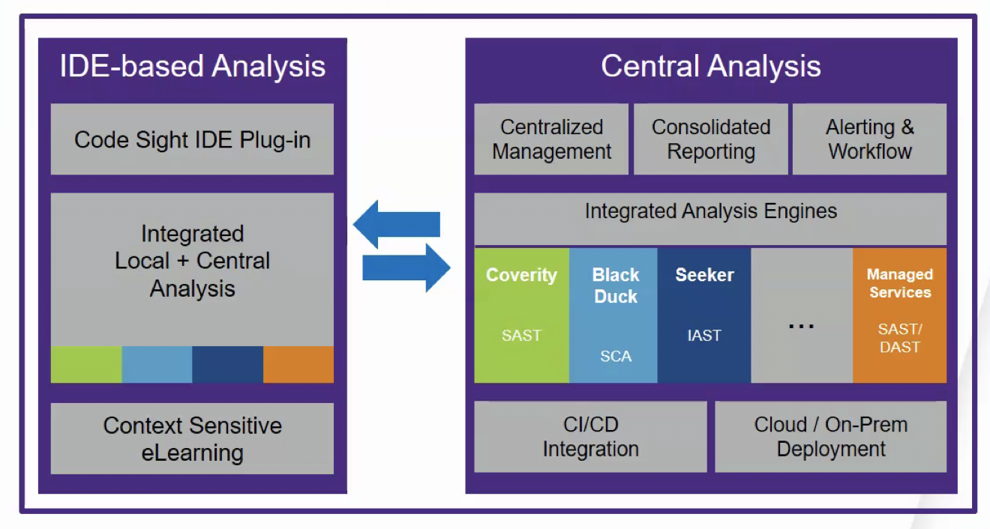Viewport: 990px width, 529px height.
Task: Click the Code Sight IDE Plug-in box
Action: (192, 139)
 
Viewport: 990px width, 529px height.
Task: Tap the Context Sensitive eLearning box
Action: (192, 439)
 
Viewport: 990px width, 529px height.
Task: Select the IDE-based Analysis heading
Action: (193, 67)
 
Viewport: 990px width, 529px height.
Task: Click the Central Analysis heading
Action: (710, 67)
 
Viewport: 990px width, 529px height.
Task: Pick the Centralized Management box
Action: (551, 139)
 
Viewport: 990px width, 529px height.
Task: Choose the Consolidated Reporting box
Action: (711, 139)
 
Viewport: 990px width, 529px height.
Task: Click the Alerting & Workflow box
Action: (870, 139)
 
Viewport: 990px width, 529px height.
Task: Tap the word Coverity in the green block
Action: (521, 275)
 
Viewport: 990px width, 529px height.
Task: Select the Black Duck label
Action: (615, 285)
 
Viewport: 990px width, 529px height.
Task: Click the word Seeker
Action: (704, 275)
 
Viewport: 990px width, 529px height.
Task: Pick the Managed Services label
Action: (899, 283)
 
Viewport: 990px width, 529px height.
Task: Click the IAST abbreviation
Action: (704, 336)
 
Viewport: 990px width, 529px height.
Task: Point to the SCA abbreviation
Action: (615, 357)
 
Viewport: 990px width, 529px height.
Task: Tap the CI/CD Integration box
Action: (590, 437)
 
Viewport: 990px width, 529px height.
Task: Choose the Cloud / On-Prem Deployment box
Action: (831, 437)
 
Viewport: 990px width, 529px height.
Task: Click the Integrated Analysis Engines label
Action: (710, 211)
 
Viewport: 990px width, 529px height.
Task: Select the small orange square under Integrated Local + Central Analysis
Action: (298, 364)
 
